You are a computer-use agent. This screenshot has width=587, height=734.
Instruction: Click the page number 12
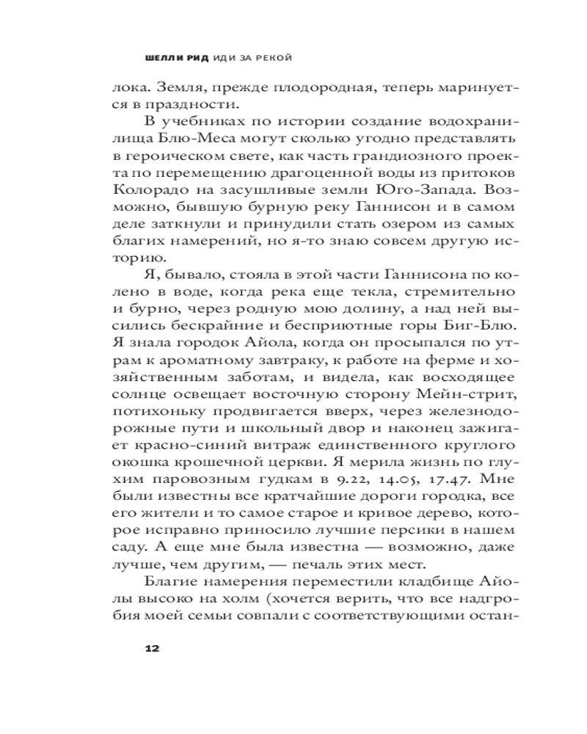point(153,648)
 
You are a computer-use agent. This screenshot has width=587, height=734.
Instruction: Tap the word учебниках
point(197,120)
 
